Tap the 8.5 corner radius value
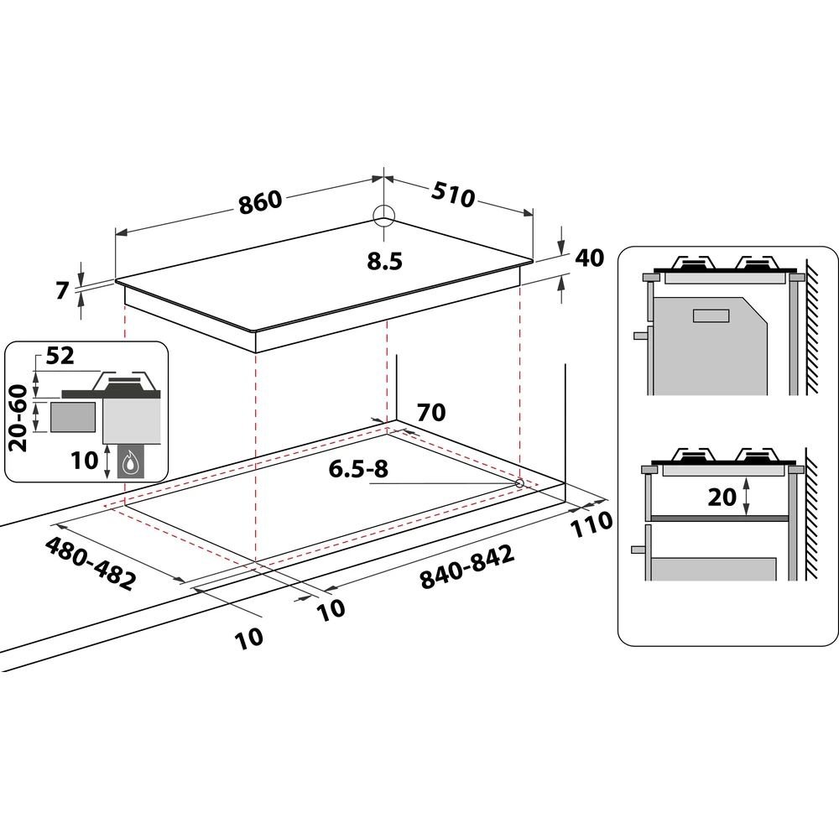pyautogui.click(x=384, y=261)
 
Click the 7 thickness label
pyautogui.click(x=60, y=292)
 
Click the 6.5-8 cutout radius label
pyautogui.click(x=360, y=469)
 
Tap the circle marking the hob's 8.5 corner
pyautogui.click(x=383, y=216)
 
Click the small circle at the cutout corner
pyautogui.click(x=519, y=483)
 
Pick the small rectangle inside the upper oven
pyautogui.click(x=711, y=315)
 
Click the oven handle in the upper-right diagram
pyautogui.click(x=641, y=334)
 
